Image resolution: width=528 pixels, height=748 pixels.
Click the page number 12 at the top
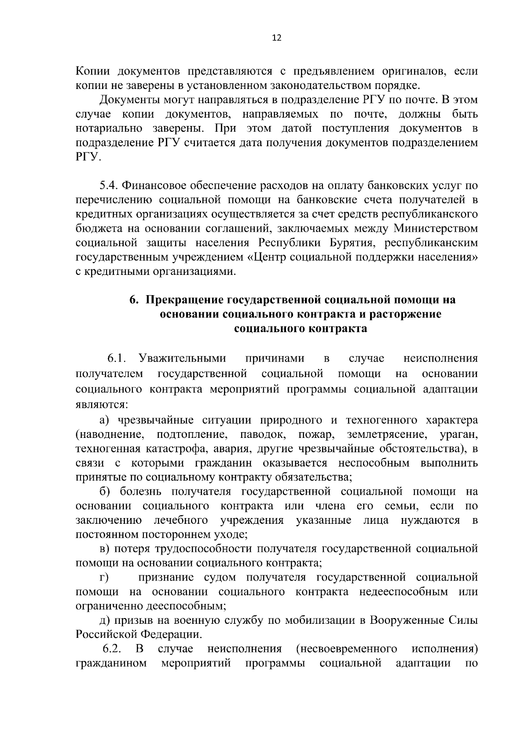(276, 38)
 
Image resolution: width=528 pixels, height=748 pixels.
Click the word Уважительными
(182, 359)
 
